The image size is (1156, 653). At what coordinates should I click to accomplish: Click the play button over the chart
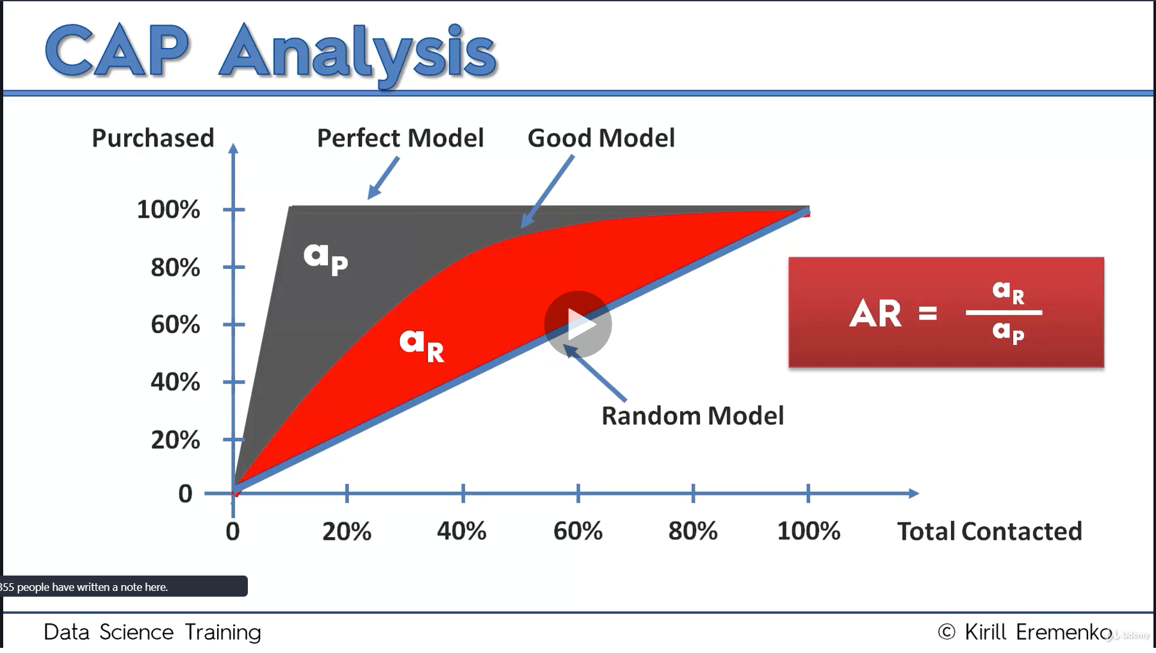tap(578, 325)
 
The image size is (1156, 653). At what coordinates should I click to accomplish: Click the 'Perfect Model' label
tap(400, 138)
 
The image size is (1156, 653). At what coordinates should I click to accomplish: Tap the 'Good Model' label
tap(601, 138)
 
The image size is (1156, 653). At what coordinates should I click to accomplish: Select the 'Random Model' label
tap(692, 416)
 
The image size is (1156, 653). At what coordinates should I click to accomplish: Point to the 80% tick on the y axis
tap(234, 267)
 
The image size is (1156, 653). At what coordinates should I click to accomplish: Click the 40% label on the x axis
tap(462, 531)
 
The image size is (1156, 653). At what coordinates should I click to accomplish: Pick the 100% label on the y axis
tap(168, 210)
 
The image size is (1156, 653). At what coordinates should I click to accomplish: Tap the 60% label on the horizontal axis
tap(578, 531)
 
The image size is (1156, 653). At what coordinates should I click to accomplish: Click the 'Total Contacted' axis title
tap(989, 531)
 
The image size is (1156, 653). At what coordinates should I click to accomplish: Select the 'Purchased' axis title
tap(153, 138)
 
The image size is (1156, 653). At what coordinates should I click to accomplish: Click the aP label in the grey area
tap(325, 257)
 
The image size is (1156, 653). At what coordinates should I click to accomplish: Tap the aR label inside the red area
tap(421, 344)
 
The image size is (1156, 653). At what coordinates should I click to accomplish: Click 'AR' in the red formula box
tap(875, 314)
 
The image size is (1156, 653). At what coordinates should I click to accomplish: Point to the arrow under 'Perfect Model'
tap(383, 179)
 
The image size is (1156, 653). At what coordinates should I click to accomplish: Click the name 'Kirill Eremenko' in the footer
tap(1038, 633)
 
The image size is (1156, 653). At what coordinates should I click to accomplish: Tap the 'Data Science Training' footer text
tap(152, 633)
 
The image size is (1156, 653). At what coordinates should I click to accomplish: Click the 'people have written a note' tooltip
tap(122, 586)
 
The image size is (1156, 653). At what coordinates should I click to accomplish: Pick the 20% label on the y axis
tap(175, 440)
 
